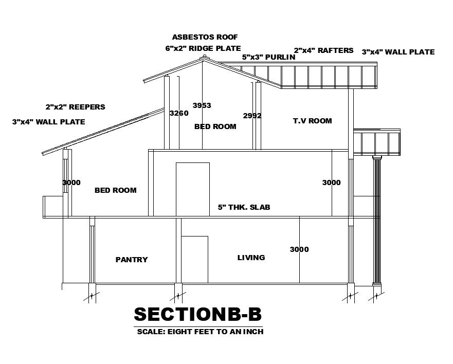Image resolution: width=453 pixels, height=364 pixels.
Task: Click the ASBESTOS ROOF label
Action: click(x=205, y=37)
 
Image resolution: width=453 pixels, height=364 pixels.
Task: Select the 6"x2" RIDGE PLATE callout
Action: click(x=203, y=48)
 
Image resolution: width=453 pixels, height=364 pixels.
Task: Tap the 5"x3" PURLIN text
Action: click(x=268, y=57)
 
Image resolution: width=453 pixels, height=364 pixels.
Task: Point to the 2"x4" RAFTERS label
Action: click(x=323, y=50)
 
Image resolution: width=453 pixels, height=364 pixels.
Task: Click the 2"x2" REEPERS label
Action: click(x=75, y=107)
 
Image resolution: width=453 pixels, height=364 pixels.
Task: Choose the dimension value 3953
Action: click(x=202, y=105)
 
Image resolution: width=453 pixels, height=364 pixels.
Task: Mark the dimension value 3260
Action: click(x=179, y=113)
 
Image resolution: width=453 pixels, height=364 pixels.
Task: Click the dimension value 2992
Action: click(x=252, y=116)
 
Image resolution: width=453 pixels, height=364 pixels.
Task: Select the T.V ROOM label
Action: click(x=312, y=121)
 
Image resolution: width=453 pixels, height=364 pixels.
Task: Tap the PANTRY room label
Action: click(x=132, y=260)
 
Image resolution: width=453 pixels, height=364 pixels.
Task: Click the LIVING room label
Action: click(x=251, y=258)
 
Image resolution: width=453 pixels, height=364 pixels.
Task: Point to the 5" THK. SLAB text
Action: click(x=244, y=207)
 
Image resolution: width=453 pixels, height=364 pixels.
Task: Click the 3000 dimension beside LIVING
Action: click(x=299, y=249)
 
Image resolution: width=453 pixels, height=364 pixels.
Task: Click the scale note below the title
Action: click(x=200, y=332)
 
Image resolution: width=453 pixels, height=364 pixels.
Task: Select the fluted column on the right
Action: click(x=377, y=221)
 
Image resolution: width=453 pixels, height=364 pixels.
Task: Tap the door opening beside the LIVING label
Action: click(x=195, y=259)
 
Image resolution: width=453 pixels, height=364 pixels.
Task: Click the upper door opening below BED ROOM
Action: click(x=193, y=189)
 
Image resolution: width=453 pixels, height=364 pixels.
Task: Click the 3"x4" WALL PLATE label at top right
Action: click(x=398, y=52)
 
